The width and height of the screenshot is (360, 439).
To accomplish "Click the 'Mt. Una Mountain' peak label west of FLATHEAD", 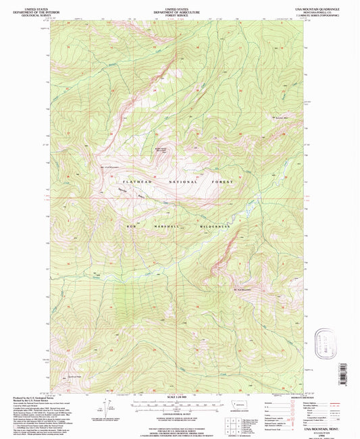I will point(109,167).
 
